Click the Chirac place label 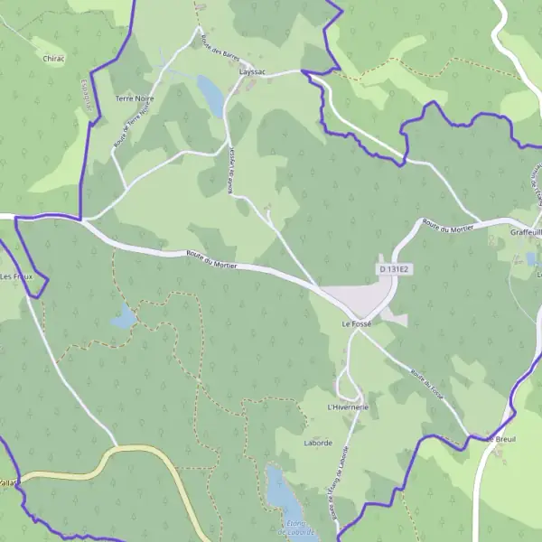tap(54, 58)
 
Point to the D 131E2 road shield tap(394, 269)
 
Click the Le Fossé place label tap(357, 322)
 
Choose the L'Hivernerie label tap(349, 407)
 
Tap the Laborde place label tap(318, 443)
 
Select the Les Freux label tap(18, 276)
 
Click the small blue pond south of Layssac tap(210, 95)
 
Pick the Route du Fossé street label tap(425, 385)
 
